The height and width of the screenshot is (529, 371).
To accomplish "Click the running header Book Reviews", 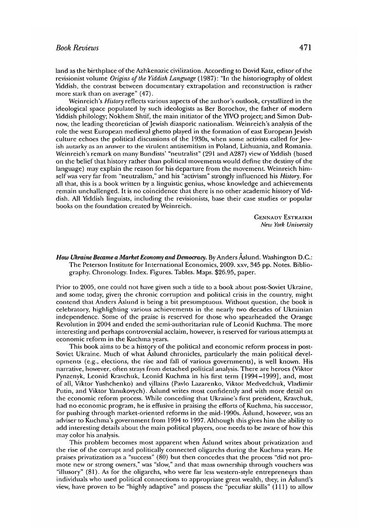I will coord(77,48).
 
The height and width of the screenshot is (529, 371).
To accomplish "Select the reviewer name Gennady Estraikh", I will coord(283,217).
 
